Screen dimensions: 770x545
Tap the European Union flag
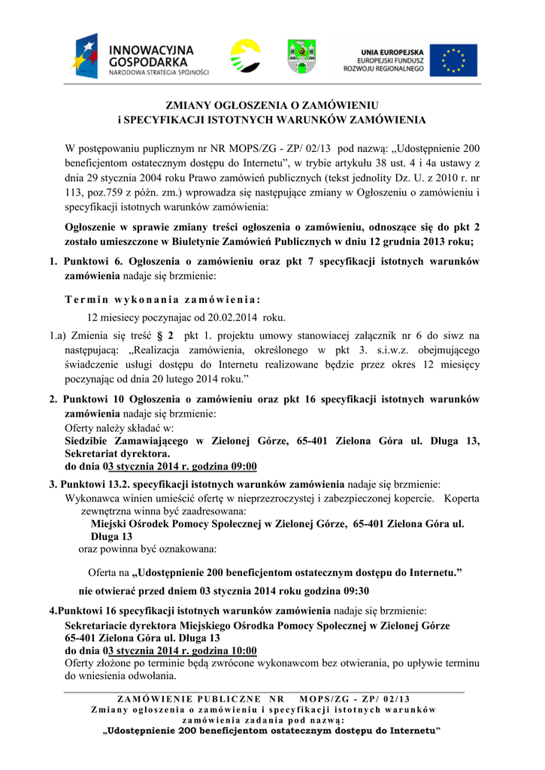(x=453, y=59)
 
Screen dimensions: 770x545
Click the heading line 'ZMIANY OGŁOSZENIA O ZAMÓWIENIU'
(x=271, y=106)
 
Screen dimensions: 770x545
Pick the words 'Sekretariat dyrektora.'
(x=117, y=453)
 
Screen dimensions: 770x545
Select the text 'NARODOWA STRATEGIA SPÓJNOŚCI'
(x=159, y=73)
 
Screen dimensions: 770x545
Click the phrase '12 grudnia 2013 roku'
(x=419, y=241)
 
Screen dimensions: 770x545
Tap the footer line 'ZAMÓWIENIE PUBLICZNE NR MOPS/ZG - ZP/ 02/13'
(x=264, y=699)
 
